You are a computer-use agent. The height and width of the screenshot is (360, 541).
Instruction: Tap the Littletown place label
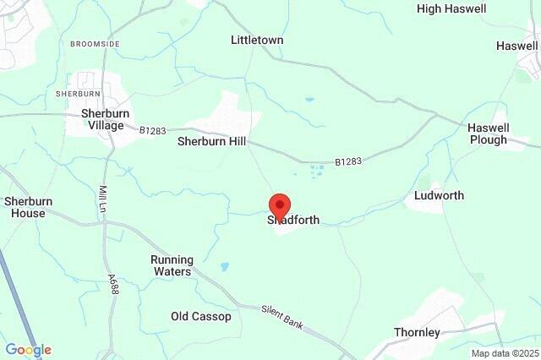[257, 40]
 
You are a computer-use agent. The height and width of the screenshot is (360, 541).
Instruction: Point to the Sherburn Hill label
[211, 142]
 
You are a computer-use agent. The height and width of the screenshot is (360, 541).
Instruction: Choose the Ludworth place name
[439, 196]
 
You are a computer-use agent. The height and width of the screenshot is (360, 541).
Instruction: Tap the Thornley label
[417, 332]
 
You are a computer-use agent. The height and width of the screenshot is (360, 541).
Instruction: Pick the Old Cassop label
[200, 317]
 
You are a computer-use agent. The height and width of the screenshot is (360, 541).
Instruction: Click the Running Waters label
[172, 265]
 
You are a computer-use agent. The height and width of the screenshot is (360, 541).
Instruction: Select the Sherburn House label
[28, 207]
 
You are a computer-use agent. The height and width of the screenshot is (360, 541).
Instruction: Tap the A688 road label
[112, 283]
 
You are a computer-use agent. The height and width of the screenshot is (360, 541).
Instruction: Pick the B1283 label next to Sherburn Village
[153, 131]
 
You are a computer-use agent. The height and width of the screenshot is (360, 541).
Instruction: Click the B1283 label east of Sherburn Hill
[347, 161]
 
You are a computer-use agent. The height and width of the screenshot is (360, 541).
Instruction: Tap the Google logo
[28, 350]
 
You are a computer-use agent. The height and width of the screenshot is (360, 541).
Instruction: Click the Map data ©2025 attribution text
[504, 353]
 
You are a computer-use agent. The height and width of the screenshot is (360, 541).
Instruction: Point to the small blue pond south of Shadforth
[225, 266]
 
